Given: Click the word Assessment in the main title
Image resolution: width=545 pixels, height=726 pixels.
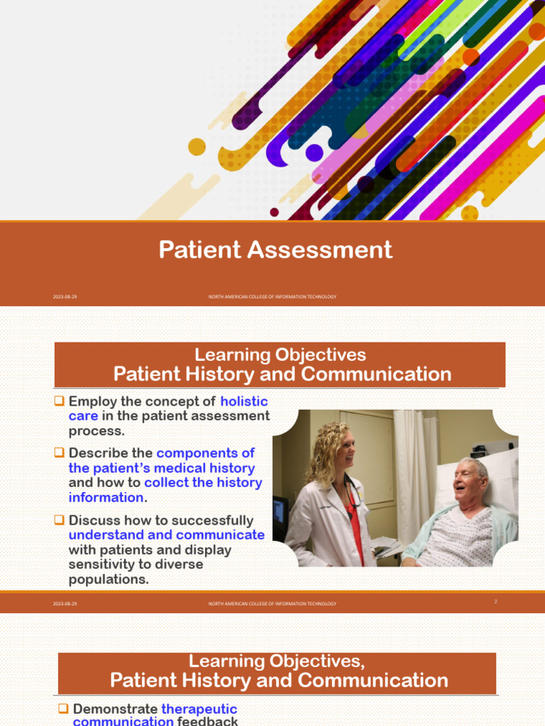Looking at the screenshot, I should pos(334,250).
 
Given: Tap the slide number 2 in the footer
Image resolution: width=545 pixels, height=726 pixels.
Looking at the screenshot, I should pos(495,601).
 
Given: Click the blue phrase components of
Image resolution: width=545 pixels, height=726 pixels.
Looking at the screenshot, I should pos(206,452).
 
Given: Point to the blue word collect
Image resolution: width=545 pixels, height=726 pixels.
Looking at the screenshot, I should pos(166,483).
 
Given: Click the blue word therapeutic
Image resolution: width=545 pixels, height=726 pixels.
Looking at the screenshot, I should pos(199,709).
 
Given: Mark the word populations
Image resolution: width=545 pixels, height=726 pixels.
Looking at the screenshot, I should pos(109,579).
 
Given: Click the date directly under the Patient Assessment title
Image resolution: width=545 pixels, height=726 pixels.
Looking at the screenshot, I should pos(65,297).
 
